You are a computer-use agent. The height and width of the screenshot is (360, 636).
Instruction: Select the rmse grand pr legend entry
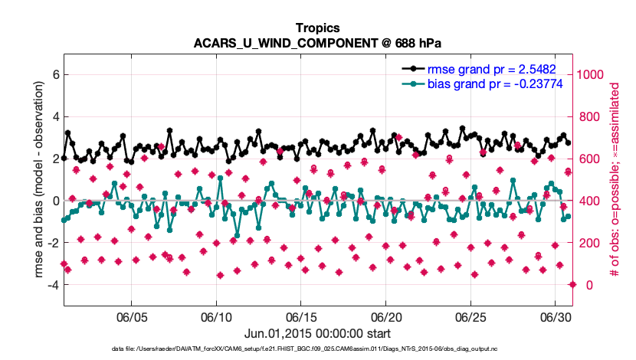[x=490, y=68]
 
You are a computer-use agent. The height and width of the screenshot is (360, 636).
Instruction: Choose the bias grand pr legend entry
[x=490, y=83]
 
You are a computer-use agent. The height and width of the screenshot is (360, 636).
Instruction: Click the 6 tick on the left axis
[x=54, y=75]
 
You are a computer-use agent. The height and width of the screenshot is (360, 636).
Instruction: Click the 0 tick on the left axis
[x=54, y=201]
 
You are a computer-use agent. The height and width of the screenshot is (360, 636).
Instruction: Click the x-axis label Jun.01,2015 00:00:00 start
[x=318, y=334]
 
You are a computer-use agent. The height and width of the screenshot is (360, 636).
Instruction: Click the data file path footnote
[x=318, y=349]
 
